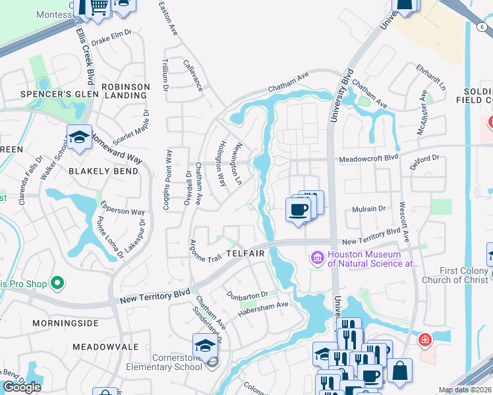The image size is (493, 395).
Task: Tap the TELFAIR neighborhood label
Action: pos(245,253)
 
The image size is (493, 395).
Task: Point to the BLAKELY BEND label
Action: pos(103,171)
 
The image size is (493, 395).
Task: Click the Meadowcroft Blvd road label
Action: pos(369,159)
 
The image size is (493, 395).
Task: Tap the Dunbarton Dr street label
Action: pos(247,294)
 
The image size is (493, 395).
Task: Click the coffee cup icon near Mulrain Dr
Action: pos(298,209)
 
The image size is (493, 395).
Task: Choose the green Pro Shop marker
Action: pos(57,284)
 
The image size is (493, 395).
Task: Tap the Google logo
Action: pos(22,387)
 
